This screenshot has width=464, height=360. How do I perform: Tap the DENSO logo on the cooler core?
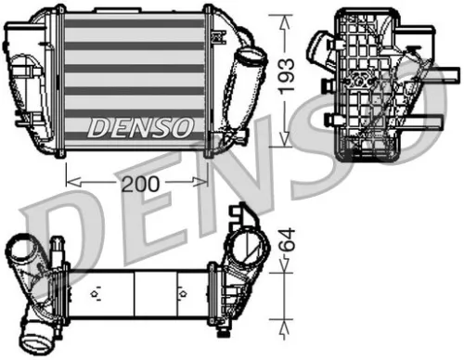coord(140,125)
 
